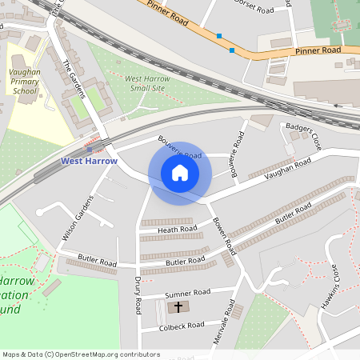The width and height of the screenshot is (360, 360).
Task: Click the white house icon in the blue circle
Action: point(179,173)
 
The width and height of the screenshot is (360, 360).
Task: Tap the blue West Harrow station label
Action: point(89,161)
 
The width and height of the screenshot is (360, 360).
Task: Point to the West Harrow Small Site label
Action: point(147,82)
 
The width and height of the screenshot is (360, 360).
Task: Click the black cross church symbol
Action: point(178,307)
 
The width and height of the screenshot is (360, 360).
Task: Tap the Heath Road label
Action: point(177,230)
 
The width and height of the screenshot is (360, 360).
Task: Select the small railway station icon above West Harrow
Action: point(89,149)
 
